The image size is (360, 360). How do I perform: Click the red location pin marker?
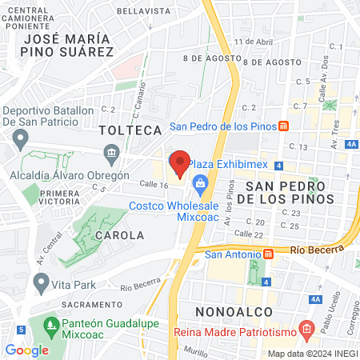tap(180, 164)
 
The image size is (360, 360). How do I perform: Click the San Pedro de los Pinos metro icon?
tap(283, 126)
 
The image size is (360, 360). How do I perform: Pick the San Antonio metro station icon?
tap(269, 255)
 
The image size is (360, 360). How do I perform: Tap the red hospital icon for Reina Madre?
tap(305, 329)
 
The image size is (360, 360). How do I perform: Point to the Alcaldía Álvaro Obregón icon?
tap(111, 152)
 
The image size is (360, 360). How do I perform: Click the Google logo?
tap(26, 350)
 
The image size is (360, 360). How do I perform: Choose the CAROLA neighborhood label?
tap(119, 235)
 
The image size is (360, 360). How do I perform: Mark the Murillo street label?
tap(195, 350)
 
